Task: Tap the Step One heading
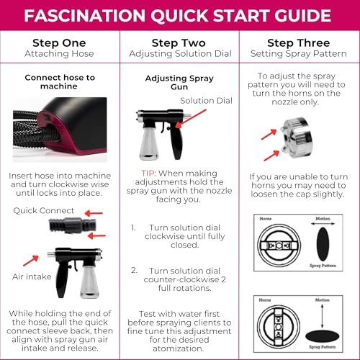[60, 42]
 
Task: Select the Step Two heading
[179, 42]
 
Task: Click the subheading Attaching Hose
[60, 55]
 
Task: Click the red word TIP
[152, 173]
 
